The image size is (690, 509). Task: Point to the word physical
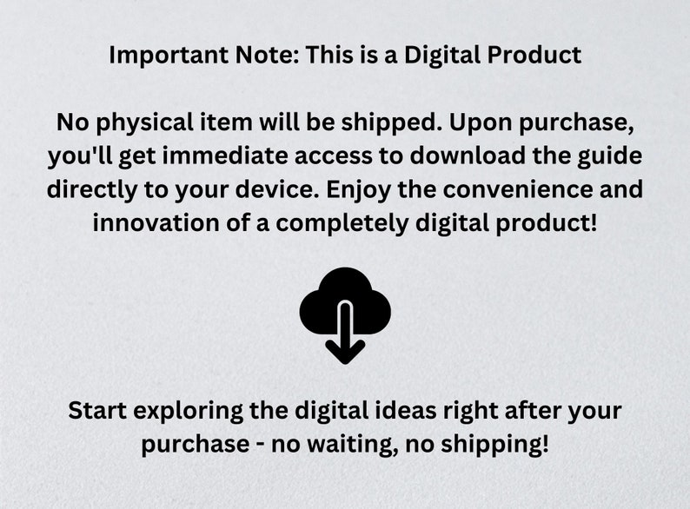(144, 122)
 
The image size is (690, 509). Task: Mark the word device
(277, 189)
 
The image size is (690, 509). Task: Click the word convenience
(518, 189)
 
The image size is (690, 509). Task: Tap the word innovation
(156, 223)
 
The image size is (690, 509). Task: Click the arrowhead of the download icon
(345, 351)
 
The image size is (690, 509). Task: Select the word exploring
(188, 412)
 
